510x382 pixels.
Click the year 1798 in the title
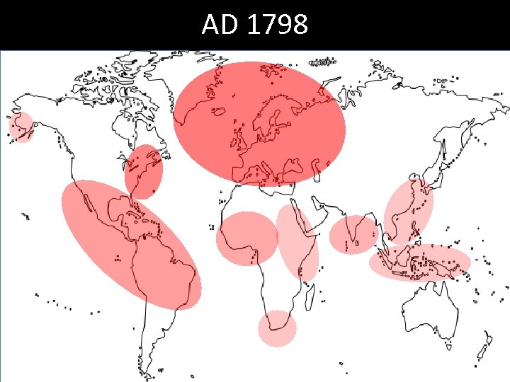pos(278,25)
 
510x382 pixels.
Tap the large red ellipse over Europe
pos(259,122)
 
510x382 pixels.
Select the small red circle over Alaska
pos(21,127)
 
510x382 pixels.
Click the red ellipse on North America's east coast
pos(144,171)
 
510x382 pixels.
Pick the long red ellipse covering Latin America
pos(131,244)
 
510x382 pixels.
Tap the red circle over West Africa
pos(246,238)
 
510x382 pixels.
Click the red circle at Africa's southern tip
pos(276,328)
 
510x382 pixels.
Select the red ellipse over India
pos(354,234)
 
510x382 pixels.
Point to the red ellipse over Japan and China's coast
pos(409,212)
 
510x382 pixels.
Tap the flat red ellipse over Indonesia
pos(419,263)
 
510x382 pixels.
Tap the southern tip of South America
pos(144,368)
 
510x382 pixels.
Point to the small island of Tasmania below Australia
pos(450,346)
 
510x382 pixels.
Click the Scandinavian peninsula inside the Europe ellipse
pos(273,113)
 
